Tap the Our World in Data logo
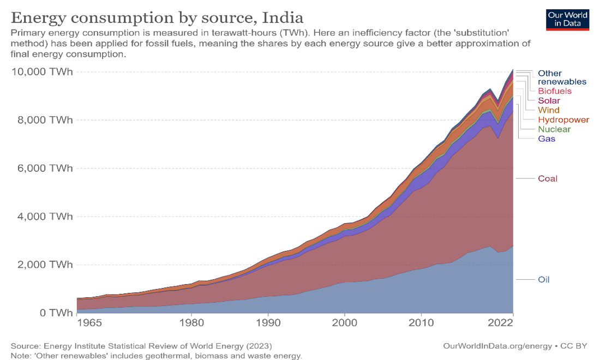point(567,19)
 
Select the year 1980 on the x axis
point(191,323)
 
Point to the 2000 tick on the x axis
point(344,323)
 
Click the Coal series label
point(548,178)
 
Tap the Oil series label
point(543,279)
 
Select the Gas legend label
point(546,139)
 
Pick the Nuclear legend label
point(554,129)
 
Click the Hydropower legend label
point(563,119)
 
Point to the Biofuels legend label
point(554,91)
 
